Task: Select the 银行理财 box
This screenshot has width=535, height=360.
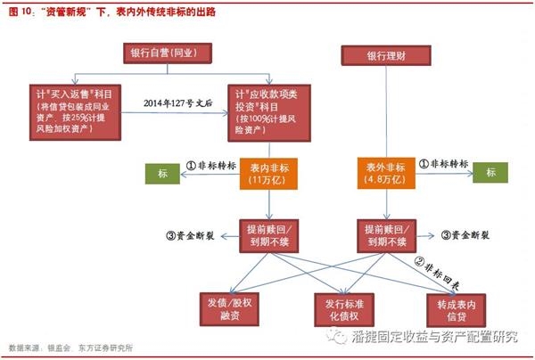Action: pos(385,56)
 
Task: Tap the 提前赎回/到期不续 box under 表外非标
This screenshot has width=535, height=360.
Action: pos(386,234)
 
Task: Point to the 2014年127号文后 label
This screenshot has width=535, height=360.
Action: pos(179,103)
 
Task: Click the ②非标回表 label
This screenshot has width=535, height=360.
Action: pos(438,262)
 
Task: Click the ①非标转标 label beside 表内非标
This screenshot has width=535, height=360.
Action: pos(210,166)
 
